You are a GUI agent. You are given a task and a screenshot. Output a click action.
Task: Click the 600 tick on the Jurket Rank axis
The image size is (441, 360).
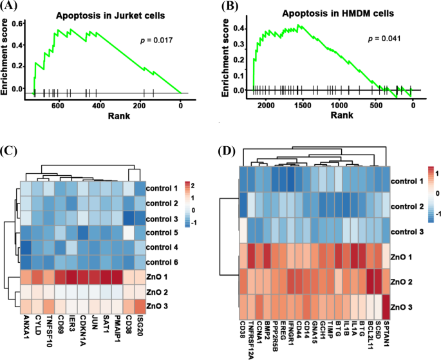[x=58, y=106]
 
